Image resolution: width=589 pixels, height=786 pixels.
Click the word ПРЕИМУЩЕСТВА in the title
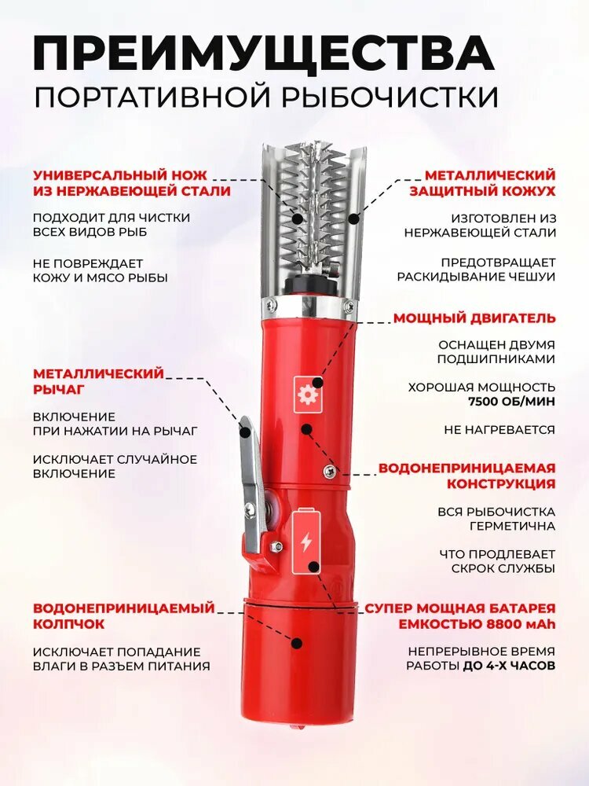pos(264,53)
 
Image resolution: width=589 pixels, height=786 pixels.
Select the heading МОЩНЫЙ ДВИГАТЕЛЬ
pos(474,318)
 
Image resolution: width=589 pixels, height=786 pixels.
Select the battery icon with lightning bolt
pos(306,542)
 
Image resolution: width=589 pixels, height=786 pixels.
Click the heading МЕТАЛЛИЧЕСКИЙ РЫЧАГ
pos(98,381)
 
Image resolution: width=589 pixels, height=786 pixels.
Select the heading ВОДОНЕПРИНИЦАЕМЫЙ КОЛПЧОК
pos(123,615)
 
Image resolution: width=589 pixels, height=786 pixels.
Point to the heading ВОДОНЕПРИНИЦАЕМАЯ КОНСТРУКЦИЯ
pos(467,476)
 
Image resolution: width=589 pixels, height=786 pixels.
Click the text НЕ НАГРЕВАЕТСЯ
pos(499,430)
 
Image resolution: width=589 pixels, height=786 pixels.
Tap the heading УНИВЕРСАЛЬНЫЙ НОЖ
pos(132,174)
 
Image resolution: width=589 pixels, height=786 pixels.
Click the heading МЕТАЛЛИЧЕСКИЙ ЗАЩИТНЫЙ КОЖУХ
pos(490,182)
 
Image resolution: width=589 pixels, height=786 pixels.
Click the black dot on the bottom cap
pos(297,643)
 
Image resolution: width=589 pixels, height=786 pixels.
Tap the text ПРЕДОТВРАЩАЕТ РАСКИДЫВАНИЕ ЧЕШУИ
pos(476,270)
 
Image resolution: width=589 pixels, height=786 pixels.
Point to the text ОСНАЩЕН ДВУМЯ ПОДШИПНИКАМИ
pos(497,351)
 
